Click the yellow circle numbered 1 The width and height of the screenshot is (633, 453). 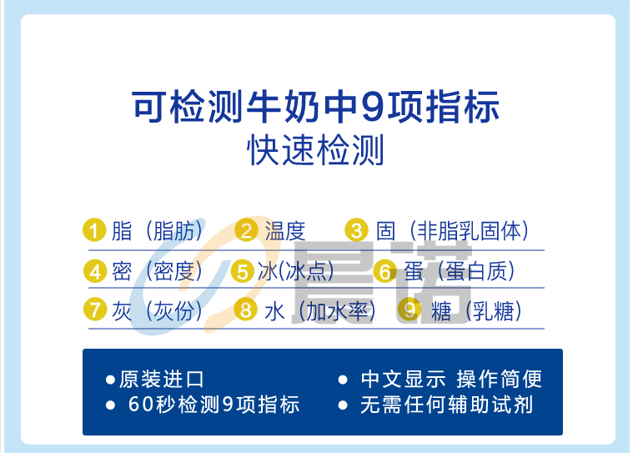tap(94, 230)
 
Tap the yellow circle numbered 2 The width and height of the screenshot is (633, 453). tap(246, 230)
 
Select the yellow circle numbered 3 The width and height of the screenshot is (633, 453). tap(356, 230)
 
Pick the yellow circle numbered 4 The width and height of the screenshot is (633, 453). tap(95, 271)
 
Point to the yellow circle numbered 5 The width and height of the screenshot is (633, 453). tap(242, 271)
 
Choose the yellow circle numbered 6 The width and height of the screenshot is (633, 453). tap(385, 271)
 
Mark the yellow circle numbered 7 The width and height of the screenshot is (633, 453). tap(95, 310)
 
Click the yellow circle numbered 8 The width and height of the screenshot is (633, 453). tap(246, 310)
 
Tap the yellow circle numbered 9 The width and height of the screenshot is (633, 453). tap(409, 310)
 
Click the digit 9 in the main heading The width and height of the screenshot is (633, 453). tap(373, 108)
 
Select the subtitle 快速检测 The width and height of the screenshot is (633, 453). tap(315, 150)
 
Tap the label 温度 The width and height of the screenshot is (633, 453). tap(285, 231)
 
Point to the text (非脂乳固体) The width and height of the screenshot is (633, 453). tap(469, 231)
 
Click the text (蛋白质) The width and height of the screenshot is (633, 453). tap(476, 271)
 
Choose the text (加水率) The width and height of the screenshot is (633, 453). tap(337, 311)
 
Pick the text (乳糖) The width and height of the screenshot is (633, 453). tap(493, 311)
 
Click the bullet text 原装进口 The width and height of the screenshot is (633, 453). tap(162, 379)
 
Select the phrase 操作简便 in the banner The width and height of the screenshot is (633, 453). tap(499, 379)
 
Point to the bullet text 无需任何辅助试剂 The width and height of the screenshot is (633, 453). tap(446, 405)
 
